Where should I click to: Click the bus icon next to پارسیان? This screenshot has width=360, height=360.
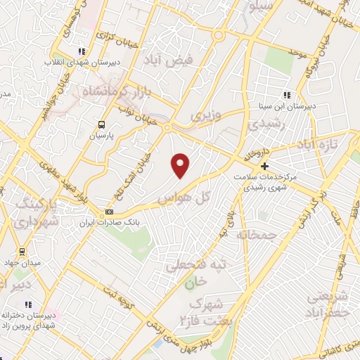tap(103, 125)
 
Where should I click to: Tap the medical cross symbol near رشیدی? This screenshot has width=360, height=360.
tap(264, 166)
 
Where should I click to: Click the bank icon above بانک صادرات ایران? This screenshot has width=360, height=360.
tap(110, 212)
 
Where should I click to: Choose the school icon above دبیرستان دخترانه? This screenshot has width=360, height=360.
tap(29, 304)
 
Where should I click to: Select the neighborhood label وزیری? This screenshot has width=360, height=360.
tap(209, 115)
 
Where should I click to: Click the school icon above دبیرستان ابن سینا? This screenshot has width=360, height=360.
tap(287, 95)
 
